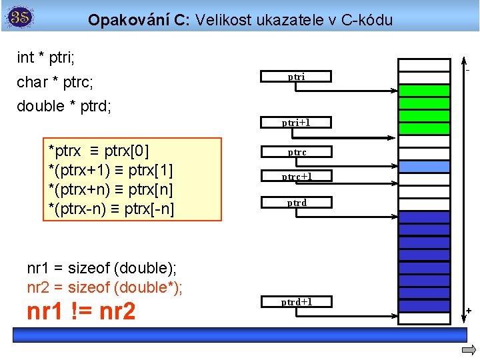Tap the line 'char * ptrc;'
point(55,82)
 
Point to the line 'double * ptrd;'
point(64,106)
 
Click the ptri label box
point(297,77)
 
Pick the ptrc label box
point(297,153)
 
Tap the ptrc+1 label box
point(297,177)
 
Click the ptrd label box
point(297,202)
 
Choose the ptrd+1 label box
point(297,302)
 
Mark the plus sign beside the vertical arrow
point(468,311)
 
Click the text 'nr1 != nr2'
point(81,311)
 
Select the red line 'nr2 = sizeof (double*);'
point(105,288)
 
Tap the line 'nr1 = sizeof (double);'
point(102,268)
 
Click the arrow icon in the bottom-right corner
point(469,351)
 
